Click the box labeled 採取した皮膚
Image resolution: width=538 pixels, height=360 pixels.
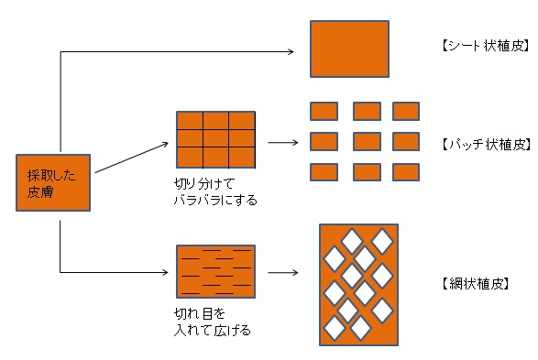coord(53,182)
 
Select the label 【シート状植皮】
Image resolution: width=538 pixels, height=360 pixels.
coord(486,45)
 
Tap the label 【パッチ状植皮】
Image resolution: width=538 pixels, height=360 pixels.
coord(486,145)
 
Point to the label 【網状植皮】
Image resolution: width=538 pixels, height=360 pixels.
coord(475,284)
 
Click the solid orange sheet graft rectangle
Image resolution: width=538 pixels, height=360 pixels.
coord(349,49)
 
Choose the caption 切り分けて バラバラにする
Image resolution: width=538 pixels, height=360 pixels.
coord(215,191)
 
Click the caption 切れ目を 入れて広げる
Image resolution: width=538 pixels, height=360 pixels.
coord(213,322)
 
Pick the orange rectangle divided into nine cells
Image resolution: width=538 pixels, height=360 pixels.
coord(215,140)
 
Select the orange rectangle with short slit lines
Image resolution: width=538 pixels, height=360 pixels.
coord(215,271)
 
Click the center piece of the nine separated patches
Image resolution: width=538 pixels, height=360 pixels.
coord(367,142)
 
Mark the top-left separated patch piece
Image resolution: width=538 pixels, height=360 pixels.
coord(324,111)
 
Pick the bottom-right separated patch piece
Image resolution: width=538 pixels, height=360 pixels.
coord(406,172)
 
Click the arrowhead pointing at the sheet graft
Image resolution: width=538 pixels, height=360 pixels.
coord(291,52)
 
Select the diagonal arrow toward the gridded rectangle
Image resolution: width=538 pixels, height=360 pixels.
coord(131,158)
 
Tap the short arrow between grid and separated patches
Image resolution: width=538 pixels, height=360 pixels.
coord(283,142)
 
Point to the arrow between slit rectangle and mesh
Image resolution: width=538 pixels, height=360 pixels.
coord(283,273)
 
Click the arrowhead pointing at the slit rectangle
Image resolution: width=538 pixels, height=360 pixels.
coord(166,273)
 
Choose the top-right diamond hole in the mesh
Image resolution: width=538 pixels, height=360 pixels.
coord(382,241)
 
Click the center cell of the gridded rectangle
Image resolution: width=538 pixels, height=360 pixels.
coord(215,139)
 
